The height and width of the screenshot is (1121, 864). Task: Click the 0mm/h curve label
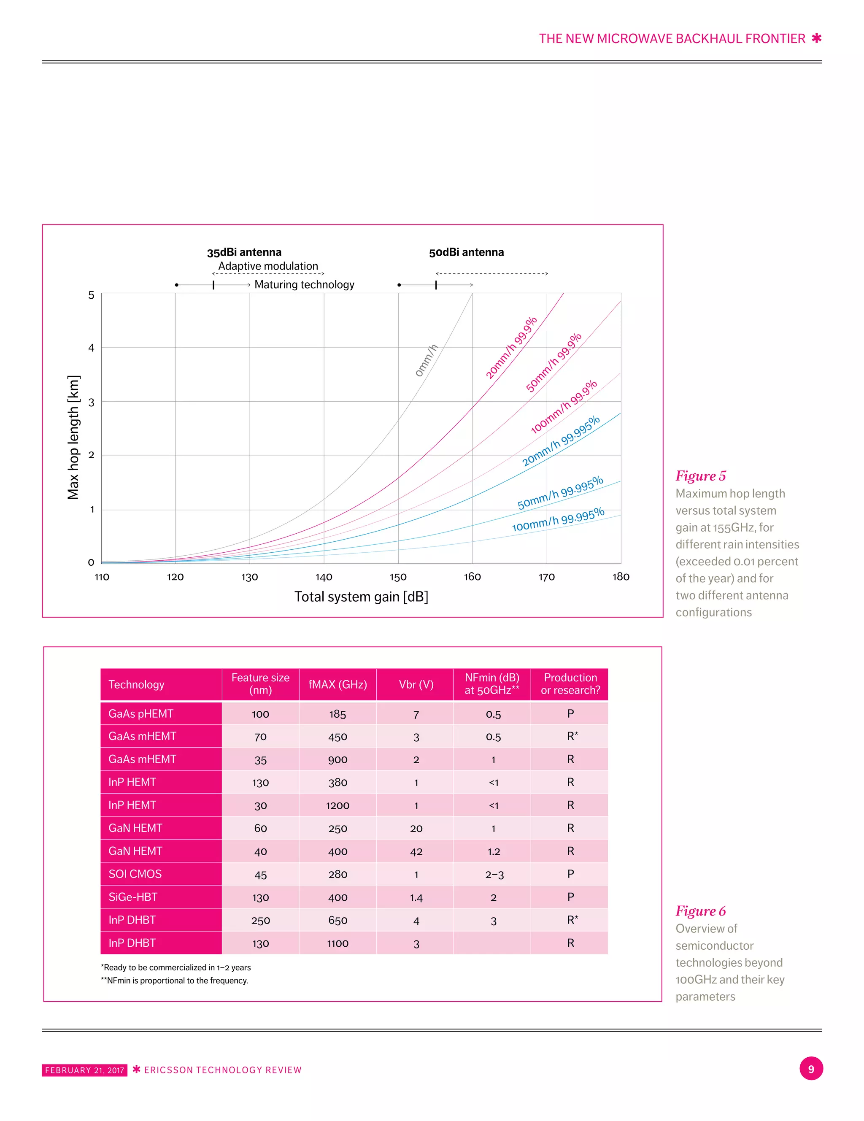pyautogui.click(x=426, y=360)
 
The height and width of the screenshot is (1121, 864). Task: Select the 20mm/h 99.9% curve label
pyautogui.click(x=511, y=348)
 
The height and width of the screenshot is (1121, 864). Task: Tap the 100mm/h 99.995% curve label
pyautogui.click(x=558, y=519)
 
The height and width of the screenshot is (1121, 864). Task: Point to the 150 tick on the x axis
pyautogui.click(x=398, y=577)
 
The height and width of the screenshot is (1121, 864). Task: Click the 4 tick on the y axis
pyautogui.click(x=92, y=348)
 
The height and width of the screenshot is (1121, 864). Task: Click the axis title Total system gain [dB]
pyautogui.click(x=361, y=597)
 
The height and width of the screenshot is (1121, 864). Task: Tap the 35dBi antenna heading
pyautogui.click(x=244, y=252)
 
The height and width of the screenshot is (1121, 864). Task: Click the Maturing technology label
pyautogui.click(x=305, y=284)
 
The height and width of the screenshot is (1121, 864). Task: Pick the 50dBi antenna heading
pyautogui.click(x=466, y=252)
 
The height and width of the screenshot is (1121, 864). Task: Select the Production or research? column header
pyautogui.click(x=570, y=684)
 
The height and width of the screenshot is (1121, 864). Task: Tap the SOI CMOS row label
pyautogui.click(x=135, y=874)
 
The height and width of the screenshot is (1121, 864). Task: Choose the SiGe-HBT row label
pyautogui.click(x=133, y=897)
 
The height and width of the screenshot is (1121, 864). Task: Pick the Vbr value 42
pyautogui.click(x=416, y=851)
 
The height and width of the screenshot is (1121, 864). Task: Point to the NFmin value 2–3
pyautogui.click(x=494, y=875)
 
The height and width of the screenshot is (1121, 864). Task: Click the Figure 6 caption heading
pyautogui.click(x=700, y=911)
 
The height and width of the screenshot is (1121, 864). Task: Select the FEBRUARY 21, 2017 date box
pyautogui.click(x=85, y=1070)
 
